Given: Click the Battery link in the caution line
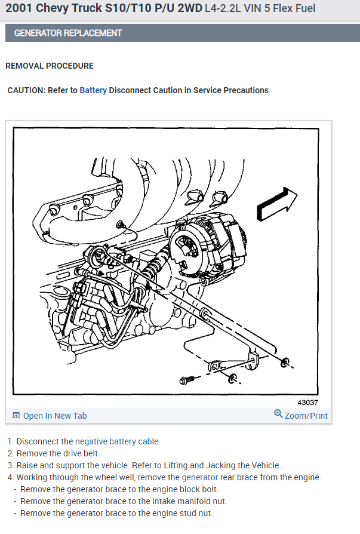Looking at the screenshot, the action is pos(93,90).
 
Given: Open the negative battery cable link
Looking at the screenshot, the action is pos(117,441).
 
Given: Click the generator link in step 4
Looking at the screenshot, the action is pos(199,477).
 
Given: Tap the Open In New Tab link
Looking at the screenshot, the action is pos(54,416).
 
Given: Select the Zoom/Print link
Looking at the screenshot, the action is pos(306,416).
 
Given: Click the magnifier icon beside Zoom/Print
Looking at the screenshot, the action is pos(278,414).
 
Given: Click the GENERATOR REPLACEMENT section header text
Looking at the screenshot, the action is pos(67,33).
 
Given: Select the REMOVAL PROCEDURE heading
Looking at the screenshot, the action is pos(50,66).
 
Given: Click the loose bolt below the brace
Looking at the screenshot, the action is pos(186,380).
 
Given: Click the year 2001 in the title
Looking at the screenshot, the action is pos(20,9).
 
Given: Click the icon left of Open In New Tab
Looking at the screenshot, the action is pos(16,416).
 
